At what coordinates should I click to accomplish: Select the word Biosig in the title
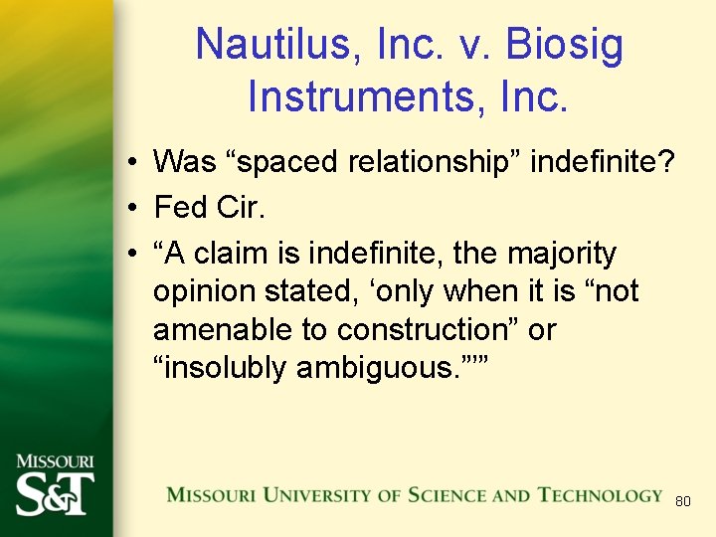click(x=565, y=45)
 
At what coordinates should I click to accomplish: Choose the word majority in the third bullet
click(x=566, y=254)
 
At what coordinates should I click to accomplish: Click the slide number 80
click(x=682, y=502)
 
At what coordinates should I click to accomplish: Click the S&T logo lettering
click(x=55, y=491)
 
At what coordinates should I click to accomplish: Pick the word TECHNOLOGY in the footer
click(x=600, y=495)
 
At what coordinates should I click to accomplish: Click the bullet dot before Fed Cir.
click(x=131, y=208)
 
